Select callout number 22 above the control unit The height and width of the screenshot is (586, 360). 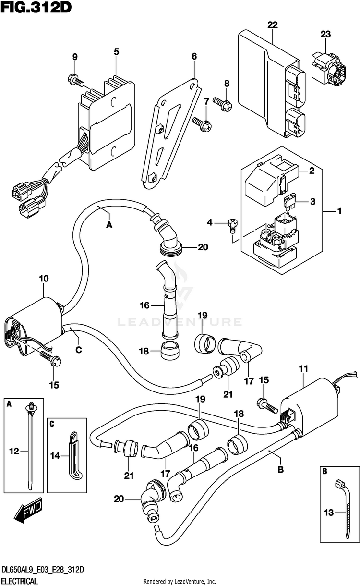[x=273, y=24]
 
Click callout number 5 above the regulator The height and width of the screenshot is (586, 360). [x=116, y=51]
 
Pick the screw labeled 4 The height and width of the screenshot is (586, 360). [x=232, y=223]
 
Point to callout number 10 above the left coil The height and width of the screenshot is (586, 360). [x=44, y=278]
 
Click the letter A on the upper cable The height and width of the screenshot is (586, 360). [x=109, y=224]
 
